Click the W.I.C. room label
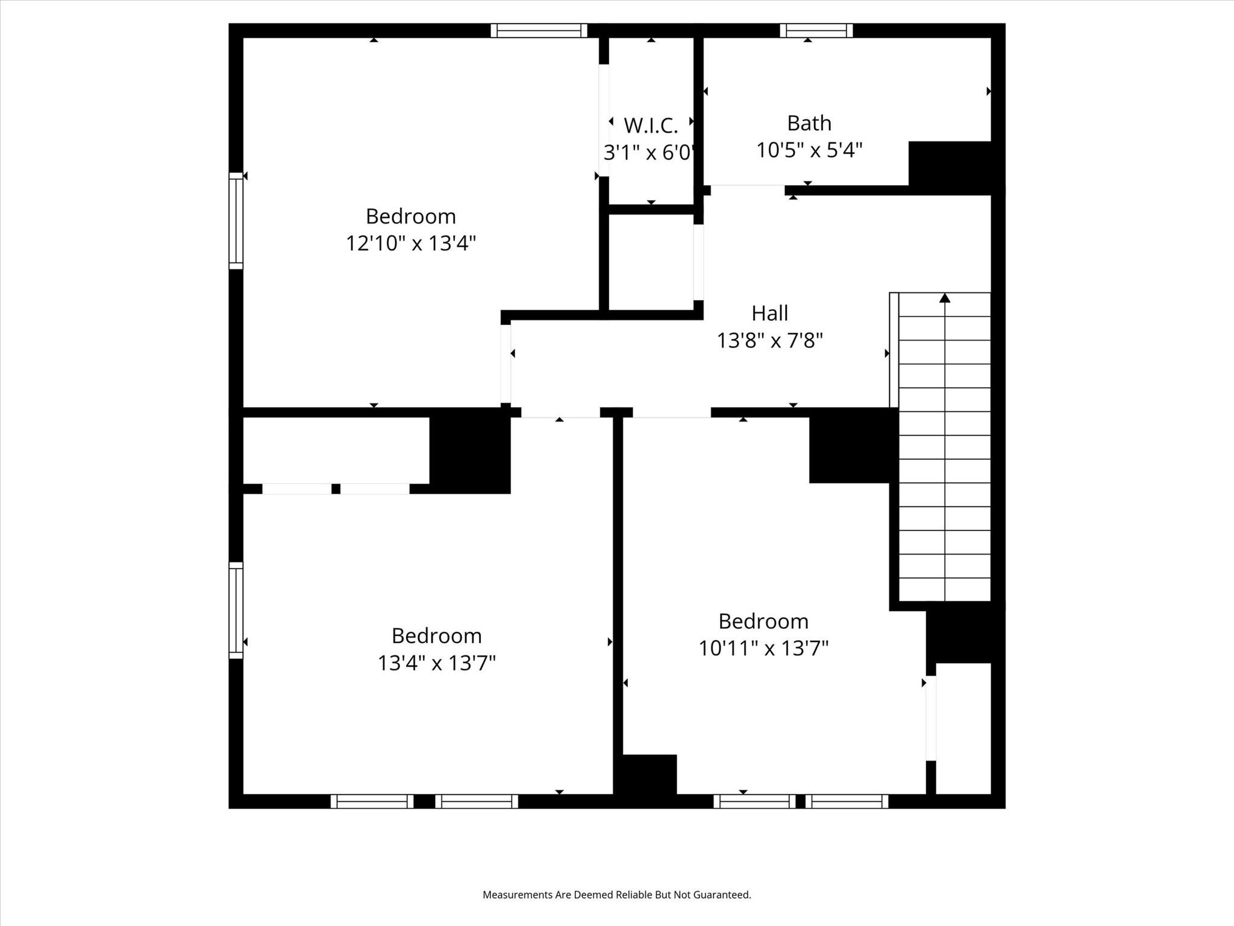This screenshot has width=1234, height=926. tap(651, 125)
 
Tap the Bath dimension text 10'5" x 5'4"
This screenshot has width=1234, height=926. tap(809, 150)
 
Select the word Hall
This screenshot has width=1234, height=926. tap(769, 313)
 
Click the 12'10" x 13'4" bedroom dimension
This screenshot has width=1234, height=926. tap(411, 244)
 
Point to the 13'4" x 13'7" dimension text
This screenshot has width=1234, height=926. tap(437, 663)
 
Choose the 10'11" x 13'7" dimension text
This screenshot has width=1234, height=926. tap(763, 649)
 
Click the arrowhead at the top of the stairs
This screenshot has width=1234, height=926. tap(945, 298)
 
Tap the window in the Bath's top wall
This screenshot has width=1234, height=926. tap(816, 30)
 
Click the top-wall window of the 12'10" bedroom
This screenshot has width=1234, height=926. tap(539, 30)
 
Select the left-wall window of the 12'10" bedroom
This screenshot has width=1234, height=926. tap(236, 221)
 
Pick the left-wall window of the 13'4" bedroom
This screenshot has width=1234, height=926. tap(236, 610)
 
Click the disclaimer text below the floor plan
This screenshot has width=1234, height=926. tap(617, 895)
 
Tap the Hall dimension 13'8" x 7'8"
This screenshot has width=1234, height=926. tap(769, 341)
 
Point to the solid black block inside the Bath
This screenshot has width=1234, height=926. tap(950, 168)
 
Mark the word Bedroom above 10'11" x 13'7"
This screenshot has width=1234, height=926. tap(763, 621)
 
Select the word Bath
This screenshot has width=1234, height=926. tap(809, 123)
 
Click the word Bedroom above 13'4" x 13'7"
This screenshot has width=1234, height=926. tap(437, 635)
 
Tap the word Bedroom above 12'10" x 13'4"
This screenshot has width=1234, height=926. tap(411, 216)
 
